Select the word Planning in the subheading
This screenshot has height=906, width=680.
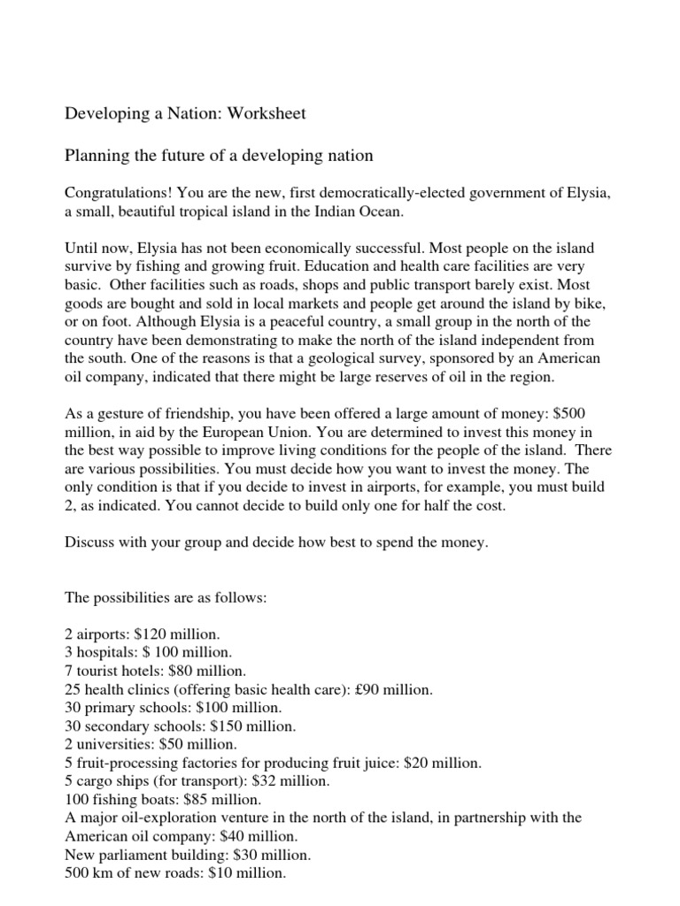pos(97,156)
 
